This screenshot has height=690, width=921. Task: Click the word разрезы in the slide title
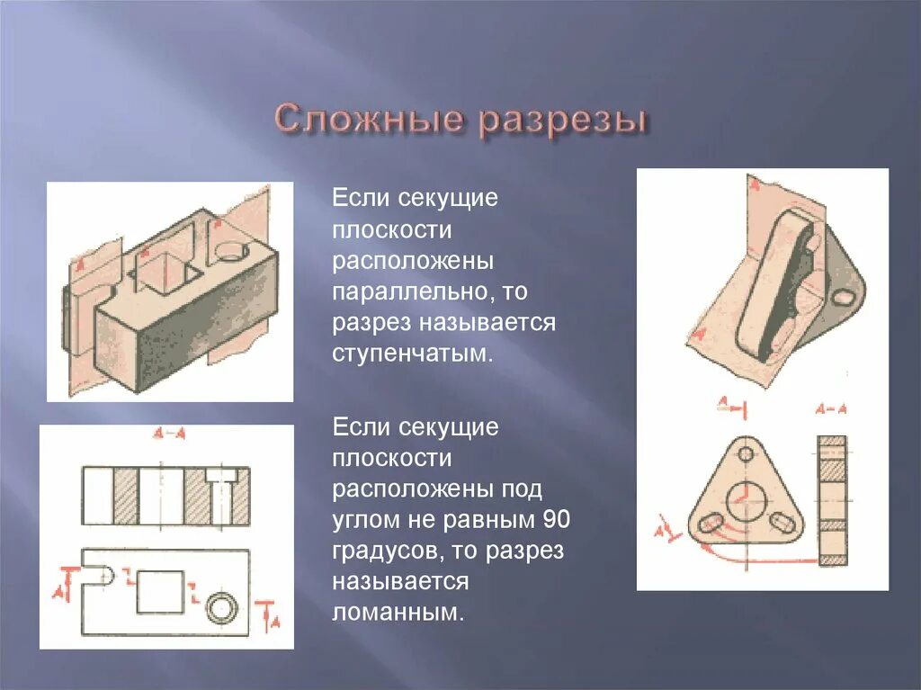[x=562, y=123]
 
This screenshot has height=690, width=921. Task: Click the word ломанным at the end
[x=398, y=613]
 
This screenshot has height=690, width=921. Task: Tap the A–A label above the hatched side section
[x=831, y=408]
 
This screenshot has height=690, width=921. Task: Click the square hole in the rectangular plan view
[x=160, y=591]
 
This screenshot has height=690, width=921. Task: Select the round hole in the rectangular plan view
[x=219, y=609]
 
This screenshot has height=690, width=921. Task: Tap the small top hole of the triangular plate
[x=745, y=453]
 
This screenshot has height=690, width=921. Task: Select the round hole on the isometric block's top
[x=231, y=251]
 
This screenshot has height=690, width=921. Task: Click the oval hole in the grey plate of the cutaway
[x=845, y=296]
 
